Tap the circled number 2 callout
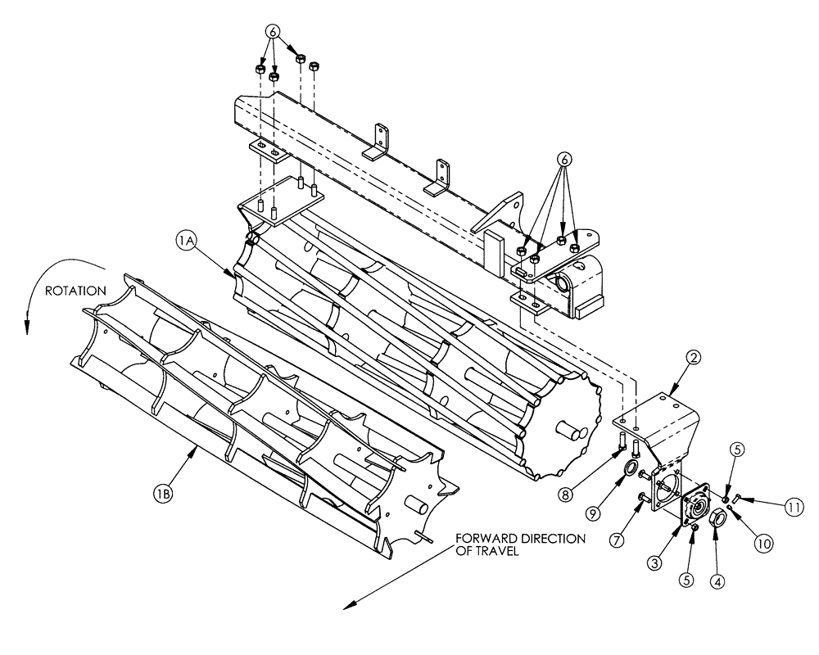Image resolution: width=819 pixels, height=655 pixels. pos(693,358)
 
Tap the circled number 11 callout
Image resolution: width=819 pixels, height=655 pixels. pos(790,507)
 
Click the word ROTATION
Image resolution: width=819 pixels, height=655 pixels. pos(76,290)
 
